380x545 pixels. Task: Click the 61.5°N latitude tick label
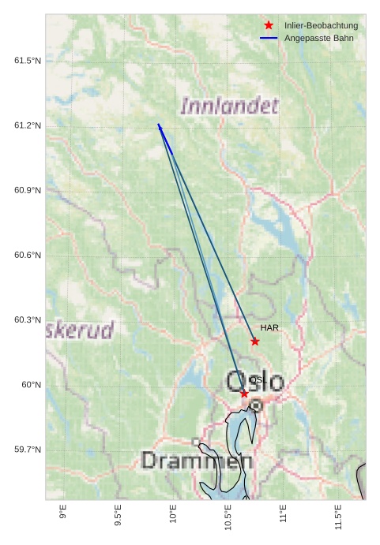28,61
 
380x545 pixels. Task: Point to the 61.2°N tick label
28,125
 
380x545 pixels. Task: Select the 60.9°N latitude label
28,190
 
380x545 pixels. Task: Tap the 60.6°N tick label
28,255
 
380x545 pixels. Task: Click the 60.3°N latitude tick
28,319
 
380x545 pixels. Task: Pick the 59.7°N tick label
28,450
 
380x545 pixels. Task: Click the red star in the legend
269,25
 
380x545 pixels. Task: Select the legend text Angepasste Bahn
319,38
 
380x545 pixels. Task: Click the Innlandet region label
230,106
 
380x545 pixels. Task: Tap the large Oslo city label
254,382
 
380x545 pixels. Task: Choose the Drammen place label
197,461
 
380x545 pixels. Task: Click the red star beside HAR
255,342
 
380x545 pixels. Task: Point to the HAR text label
269,327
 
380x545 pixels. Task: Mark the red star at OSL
244,394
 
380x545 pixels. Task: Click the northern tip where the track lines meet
159,125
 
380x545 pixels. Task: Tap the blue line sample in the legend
269,38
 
